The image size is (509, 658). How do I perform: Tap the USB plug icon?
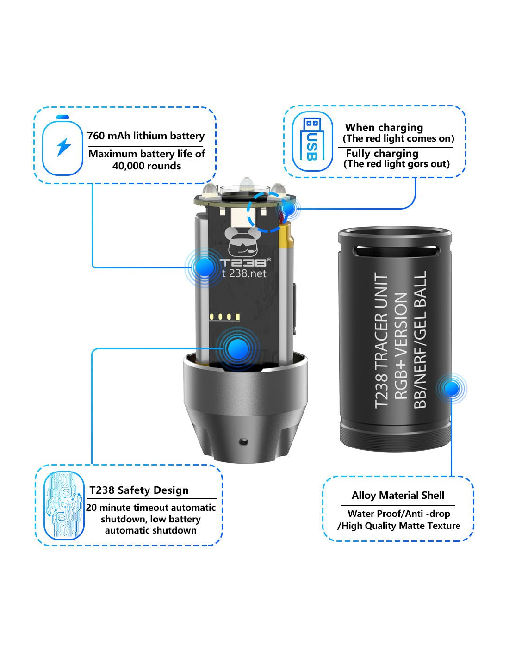[x=312, y=142]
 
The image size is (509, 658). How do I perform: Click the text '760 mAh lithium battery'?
[x=146, y=136]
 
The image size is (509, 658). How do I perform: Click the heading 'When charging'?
[x=384, y=128]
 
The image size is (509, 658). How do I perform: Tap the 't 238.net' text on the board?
[x=244, y=273]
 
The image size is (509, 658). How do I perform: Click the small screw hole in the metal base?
[x=243, y=442]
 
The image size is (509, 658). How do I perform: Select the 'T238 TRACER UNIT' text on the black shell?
[x=381, y=340]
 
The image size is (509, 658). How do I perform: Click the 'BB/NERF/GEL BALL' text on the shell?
[x=420, y=340]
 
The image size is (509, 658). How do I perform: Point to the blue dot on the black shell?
[x=452, y=389]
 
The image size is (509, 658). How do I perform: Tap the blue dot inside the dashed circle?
[x=289, y=209]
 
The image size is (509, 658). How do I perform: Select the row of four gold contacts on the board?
[x=225, y=317]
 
